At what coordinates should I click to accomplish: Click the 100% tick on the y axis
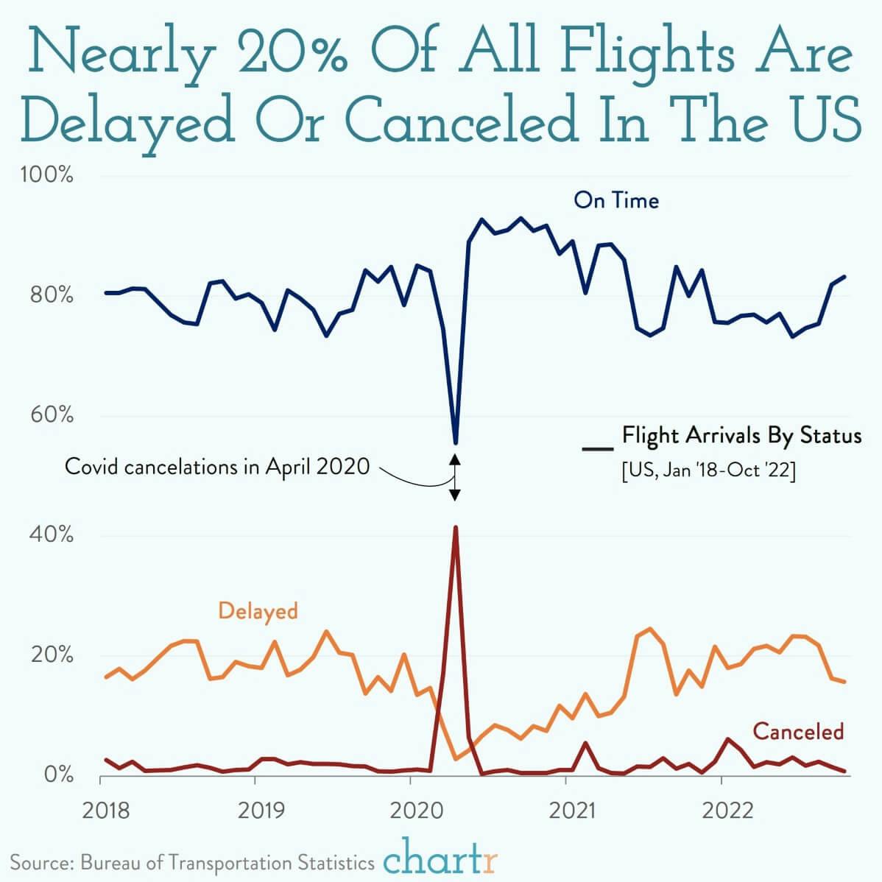click(48, 177)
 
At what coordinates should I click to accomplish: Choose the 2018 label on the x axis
click(107, 811)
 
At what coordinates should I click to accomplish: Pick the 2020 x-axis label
click(410, 811)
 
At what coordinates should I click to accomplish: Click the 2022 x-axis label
click(727, 811)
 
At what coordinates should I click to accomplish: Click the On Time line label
click(616, 200)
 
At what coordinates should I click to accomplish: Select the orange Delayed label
click(258, 611)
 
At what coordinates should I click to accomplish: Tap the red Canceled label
click(797, 731)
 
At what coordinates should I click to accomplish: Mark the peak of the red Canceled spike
click(456, 527)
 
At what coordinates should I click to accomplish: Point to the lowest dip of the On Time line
click(456, 442)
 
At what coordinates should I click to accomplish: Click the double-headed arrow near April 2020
click(455, 477)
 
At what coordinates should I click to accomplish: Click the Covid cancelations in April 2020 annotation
click(217, 467)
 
